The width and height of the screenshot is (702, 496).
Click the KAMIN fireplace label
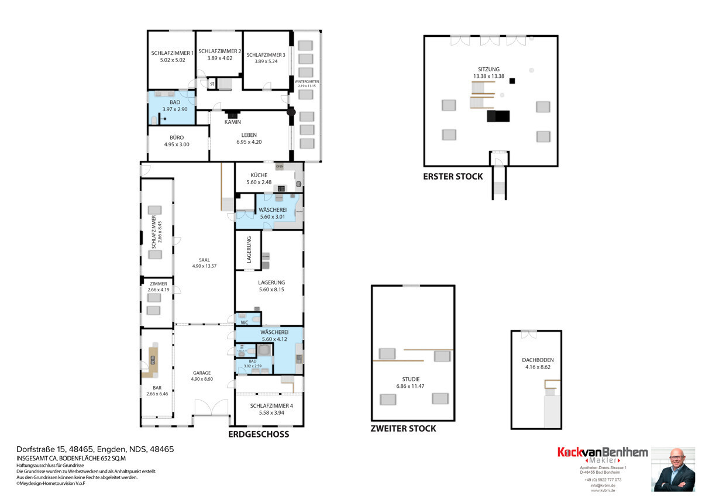pos(233,122)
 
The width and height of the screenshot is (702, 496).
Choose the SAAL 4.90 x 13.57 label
pos(204,263)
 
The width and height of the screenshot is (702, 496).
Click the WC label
pos(245,322)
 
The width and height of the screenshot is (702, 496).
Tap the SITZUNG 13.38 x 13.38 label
pos(488,73)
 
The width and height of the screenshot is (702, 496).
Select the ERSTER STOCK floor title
pos(453,176)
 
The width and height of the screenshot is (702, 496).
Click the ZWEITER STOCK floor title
pos(403,428)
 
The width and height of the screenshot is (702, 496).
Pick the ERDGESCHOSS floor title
pos(258,435)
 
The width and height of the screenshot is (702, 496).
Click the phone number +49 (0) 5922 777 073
pos(603,480)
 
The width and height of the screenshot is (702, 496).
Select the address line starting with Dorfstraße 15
pos(95,449)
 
